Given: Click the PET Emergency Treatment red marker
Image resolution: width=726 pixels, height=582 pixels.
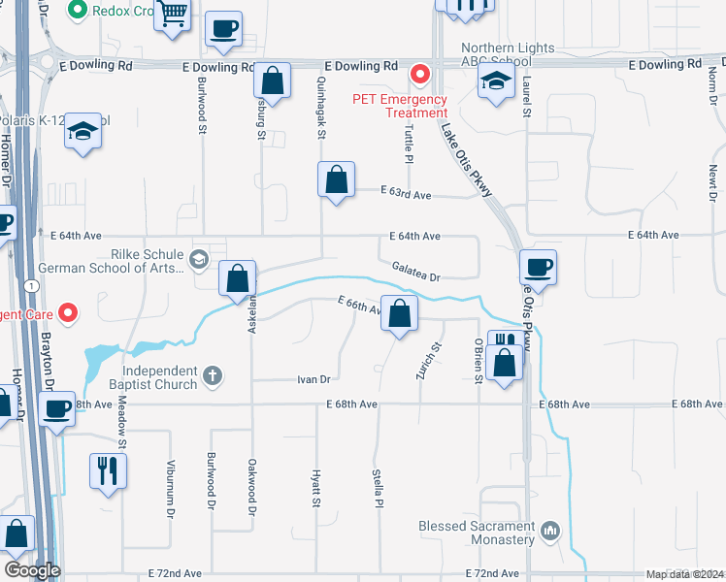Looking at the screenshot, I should pyautogui.click(x=420, y=73).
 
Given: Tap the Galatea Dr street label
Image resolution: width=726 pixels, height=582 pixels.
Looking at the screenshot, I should pyautogui.click(x=415, y=271).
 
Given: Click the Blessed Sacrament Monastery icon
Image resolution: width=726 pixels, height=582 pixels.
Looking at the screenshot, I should pyautogui.click(x=551, y=531).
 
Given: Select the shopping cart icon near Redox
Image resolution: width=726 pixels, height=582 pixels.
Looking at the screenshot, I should pyautogui.click(x=174, y=15).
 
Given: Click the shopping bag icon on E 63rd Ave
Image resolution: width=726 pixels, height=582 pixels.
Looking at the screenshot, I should pyautogui.click(x=336, y=179).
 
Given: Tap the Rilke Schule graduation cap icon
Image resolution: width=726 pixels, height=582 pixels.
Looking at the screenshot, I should pyautogui.click(x=199, y=258).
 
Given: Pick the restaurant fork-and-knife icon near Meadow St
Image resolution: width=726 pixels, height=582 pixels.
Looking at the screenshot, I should pyautogui.click(x=108, y=470).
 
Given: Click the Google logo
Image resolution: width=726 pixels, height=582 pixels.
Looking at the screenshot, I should pyautogui.click(x=32, y=569).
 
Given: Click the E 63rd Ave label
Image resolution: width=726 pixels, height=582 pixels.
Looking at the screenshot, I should pyautogui.click(x=407, y=195).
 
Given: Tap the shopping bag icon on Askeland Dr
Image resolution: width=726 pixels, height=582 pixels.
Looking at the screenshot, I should pyautogui.click(x=238, y=278).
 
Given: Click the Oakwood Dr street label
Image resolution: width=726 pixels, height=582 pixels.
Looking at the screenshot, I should pyautogui.click(x=251, y=485).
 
